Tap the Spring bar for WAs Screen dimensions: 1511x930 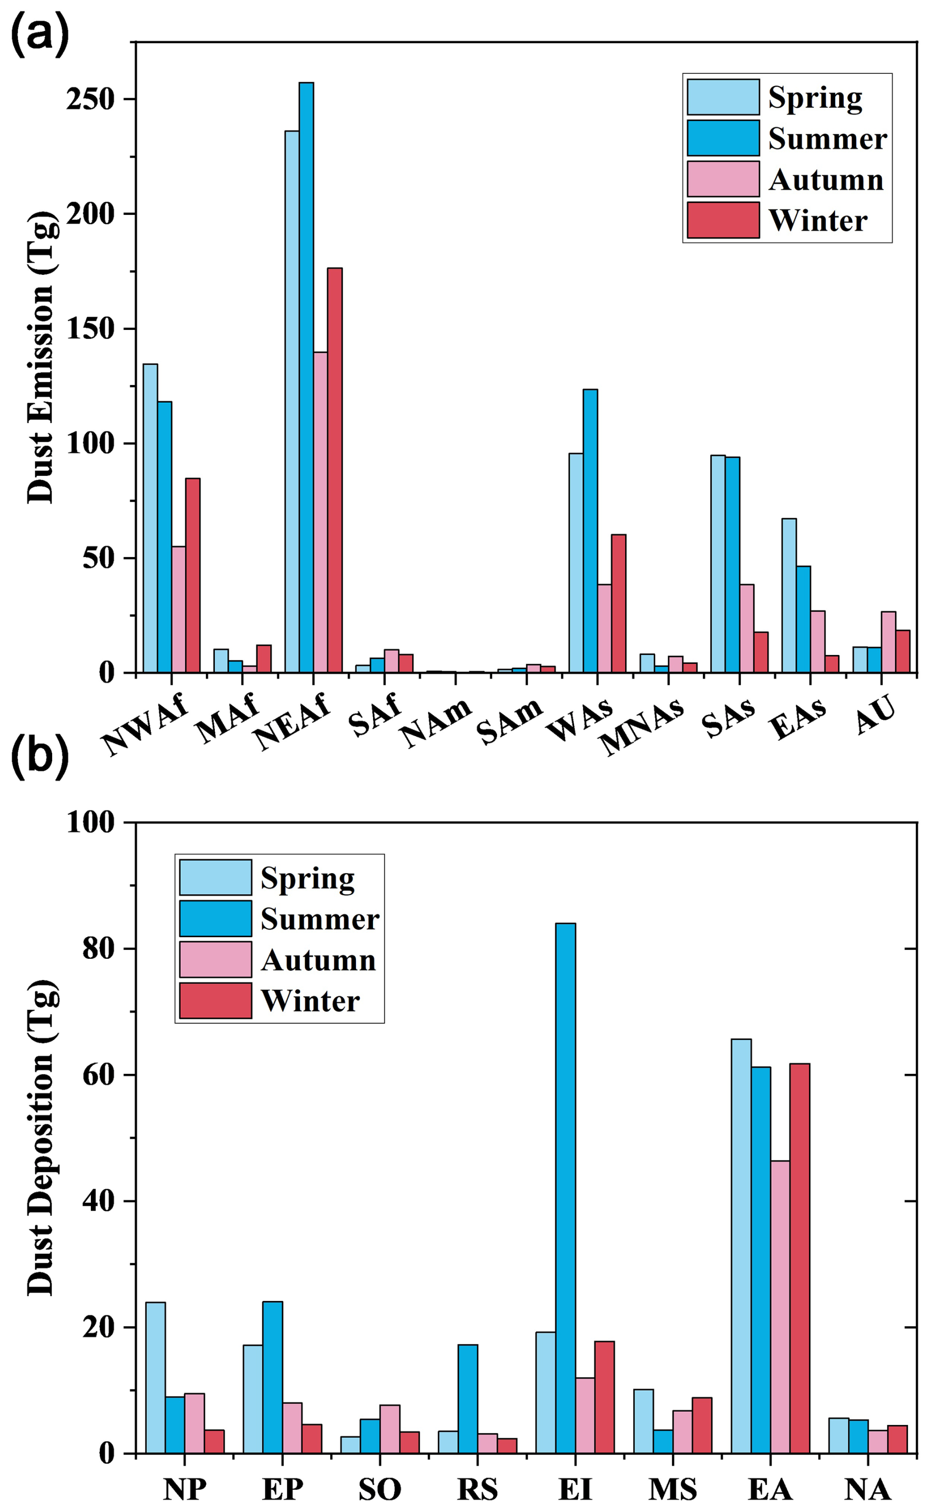[576, 563]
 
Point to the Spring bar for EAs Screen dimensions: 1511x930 [788, 595]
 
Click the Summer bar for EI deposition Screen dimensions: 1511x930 [565, 1188]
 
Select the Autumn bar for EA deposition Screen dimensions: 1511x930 [780, 1307]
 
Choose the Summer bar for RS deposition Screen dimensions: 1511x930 [467, 1398]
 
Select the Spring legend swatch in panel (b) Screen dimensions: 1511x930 [215, 877]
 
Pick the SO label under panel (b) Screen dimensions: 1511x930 [379, 1489]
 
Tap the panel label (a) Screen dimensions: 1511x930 [39, 35]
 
